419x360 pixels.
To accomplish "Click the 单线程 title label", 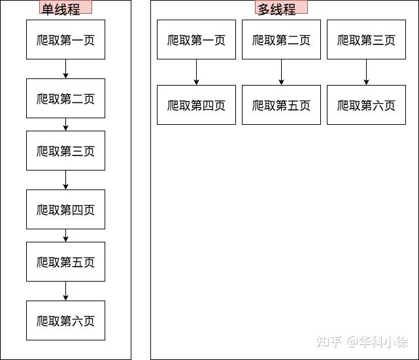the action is coord(66,7).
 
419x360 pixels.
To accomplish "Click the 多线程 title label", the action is coord(281,7).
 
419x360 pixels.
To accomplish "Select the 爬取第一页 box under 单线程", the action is coord(66,39).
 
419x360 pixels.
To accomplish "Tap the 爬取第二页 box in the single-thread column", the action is coord(66,98).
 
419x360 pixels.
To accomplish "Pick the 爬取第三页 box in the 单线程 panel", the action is coord(66,151).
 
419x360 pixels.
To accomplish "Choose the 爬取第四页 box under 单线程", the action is coord(66,209).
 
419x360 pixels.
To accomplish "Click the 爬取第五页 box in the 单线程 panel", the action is coord(66,262).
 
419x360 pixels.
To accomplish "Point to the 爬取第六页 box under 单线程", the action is coord(66,321).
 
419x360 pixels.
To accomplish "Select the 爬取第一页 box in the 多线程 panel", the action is coord(196,39).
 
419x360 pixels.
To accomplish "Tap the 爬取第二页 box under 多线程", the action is coord(281,39).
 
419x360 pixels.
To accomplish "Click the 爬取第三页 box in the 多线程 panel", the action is coord(366,39).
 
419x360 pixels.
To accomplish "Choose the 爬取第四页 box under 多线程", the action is coord(196,105).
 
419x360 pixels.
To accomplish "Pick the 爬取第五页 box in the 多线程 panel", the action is coord(281,105).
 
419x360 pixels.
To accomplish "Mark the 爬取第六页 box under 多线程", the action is coord(366,105).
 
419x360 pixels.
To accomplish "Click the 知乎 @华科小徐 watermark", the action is coord(362,342).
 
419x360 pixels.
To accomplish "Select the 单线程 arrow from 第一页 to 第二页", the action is coord(66,69).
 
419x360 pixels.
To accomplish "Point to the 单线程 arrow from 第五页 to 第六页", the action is coord(66,291).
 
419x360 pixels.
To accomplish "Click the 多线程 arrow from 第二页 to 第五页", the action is coord(281,72).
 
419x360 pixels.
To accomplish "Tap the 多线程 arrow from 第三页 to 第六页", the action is coord(366,72).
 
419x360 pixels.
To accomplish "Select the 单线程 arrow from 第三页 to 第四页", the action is coord(66,180).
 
